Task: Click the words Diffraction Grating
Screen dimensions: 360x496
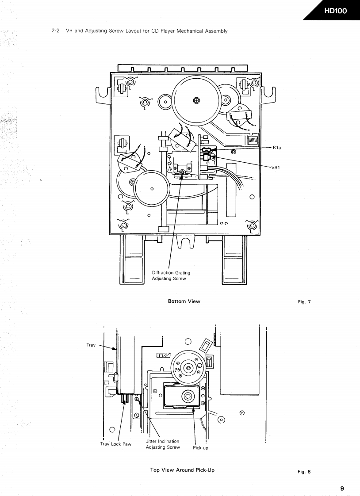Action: (171, 273)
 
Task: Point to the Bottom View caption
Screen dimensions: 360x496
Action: (184, 301)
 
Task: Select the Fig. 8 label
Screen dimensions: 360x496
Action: (304, 472)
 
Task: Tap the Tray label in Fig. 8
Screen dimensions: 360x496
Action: (91, 345)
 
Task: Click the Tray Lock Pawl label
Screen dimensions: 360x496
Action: (116, 444)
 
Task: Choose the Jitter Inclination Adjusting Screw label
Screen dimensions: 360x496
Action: (163, 444)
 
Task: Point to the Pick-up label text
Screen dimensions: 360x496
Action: (200, 448)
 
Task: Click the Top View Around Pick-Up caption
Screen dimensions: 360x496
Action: (182, 470)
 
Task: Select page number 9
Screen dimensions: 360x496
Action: (342, 488)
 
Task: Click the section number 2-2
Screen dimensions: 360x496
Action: (56, 31)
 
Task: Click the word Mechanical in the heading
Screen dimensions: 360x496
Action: (198, 31)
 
